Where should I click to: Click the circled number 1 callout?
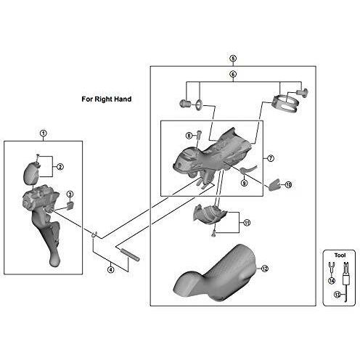(44, 134)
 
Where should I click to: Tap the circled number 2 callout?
(60, 167)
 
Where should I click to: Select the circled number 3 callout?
(70, 194)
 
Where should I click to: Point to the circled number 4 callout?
(110, 269)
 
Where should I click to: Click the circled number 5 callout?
(233, 58)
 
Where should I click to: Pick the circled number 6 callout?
(233, 74)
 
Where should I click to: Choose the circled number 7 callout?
(271, 158)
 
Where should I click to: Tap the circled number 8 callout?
(189, 136)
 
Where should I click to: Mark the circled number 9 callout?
(244, 183)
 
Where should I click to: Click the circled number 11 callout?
(247, 223)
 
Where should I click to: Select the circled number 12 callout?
(265, 269)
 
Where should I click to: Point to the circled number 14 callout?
(332, 281)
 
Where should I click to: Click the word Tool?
(340, 255)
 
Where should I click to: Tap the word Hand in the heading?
(123, 99)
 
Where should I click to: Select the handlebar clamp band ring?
(285, 104)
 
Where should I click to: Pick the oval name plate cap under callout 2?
(31, 173)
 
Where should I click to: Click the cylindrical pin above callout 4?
(131, 255)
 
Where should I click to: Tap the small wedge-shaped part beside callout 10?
(274, 185)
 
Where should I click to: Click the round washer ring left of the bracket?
(199, 105)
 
